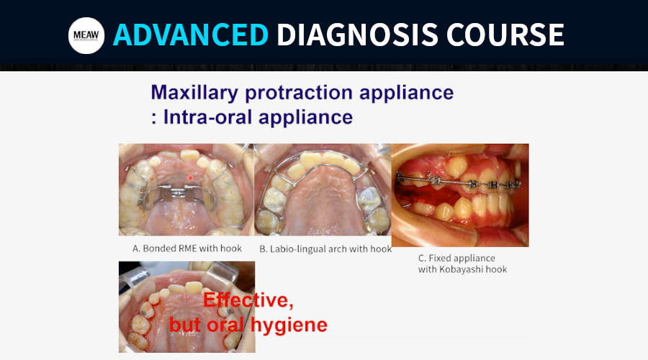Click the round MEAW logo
pos(86,35)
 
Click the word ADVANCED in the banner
pos(191,35)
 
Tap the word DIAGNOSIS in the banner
pos(357,35)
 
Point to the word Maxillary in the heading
pos(194,93)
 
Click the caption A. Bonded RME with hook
pos(187,248)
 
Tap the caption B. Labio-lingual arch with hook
pos(325,249)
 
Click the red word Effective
pos(248,300)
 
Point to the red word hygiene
pos(289,325)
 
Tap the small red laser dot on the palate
pos(191,178)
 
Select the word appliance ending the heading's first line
pos(406,93)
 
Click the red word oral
pos(225,325)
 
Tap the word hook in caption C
pos(498,269)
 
